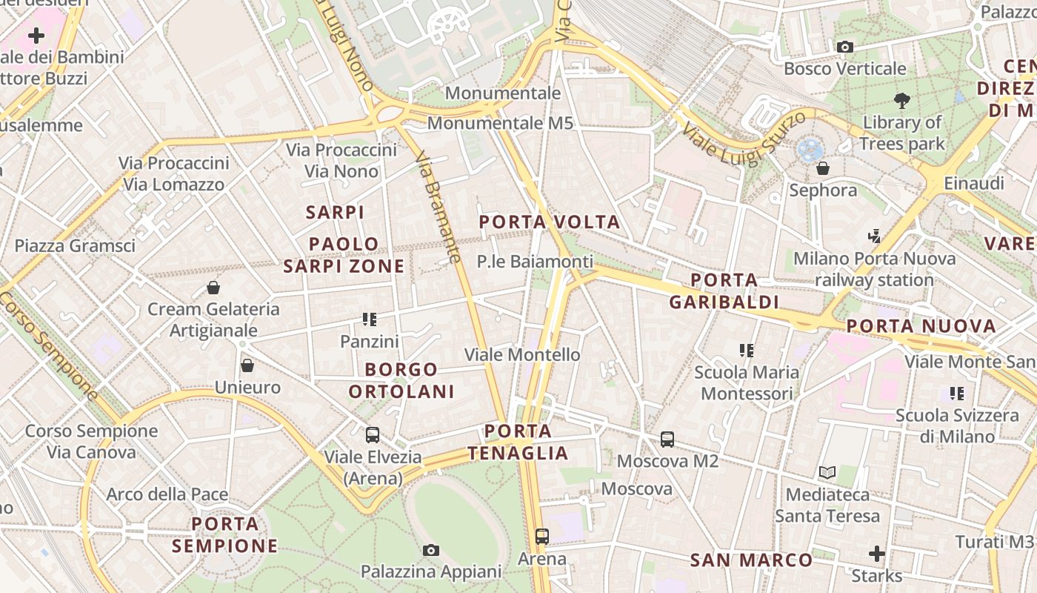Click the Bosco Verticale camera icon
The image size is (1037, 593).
844,47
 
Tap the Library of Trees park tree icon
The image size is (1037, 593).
902,101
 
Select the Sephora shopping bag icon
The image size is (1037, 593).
822,169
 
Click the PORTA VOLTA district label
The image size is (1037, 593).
549,222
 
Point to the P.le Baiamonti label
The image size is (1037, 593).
535,262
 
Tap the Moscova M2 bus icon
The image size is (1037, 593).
667,440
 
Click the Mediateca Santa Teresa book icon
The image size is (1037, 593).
827,473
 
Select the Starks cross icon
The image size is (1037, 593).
877,553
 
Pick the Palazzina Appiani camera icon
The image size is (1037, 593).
431,550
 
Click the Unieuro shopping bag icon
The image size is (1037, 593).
247,365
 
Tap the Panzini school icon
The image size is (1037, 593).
370,319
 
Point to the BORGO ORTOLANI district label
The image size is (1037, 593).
401,380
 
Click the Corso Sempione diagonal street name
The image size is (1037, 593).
49,345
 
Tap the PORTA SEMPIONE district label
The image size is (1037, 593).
225,534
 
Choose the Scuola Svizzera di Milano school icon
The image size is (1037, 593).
957,393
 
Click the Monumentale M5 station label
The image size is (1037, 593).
500,123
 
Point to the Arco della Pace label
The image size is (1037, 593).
167,494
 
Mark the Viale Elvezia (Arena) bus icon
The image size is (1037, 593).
373,435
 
